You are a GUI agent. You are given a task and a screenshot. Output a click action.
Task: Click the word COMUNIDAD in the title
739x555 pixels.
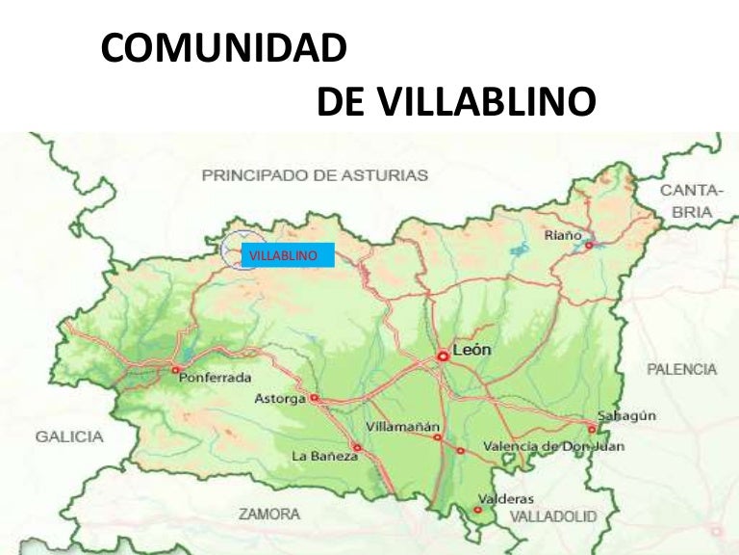click(x=223, y=49)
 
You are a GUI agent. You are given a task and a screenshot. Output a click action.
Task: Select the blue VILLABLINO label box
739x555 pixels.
click(x=287, y=256)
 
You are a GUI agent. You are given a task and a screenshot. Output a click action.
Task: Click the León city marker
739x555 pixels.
click(x=443, y=356)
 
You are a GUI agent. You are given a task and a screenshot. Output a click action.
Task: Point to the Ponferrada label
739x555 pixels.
click(x=216, y=377)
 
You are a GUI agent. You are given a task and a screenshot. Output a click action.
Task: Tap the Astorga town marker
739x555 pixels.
click(x=314, y=398)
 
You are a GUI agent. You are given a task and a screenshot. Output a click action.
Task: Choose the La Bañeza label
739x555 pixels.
click(x=324, y=456)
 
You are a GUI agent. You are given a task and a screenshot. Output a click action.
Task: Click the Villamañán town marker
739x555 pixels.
click(x=437, y=437)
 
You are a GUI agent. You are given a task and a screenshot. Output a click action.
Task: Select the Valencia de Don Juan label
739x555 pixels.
click(x=553, y=446)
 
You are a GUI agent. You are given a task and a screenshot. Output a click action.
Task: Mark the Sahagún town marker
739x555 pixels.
click(x=592, y=429)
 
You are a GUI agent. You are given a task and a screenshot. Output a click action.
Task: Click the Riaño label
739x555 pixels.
click(x=564, y=234)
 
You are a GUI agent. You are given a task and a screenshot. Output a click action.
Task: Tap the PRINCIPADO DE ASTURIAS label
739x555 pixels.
click(x=315, y=175)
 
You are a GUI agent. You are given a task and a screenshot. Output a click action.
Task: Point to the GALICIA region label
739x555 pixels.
click(x=69, y=436)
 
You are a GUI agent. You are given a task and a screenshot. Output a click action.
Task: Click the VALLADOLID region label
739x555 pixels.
click(x=552, y=517)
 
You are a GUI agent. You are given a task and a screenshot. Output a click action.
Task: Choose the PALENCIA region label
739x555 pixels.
click(x=682, y=369)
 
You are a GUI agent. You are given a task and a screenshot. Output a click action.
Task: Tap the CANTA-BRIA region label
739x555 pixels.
click(x=685, y=200)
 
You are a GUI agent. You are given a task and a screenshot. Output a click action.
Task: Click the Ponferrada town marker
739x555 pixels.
click(x=175, y=368)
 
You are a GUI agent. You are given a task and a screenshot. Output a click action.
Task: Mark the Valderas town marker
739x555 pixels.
click(x=478, y=508)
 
